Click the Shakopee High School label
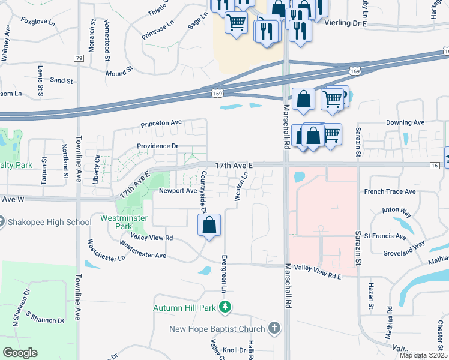[x=50, y=222]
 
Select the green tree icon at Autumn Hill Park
[x=225, y=308]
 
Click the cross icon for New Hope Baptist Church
[x=274, y=328]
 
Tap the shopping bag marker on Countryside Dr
[x=209, y=226]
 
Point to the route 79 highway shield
[x=79, y=58]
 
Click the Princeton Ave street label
[x=161, y=123]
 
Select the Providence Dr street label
[x=157, y=146]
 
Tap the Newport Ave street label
[x=178, y=191]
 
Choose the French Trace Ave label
[x=390, y=191]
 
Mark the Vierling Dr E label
[x=345, y=22]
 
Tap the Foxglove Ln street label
[x=37, y=20]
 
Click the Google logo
[x=20, y=352]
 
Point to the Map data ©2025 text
[x=423, y=356]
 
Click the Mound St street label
[x=119, y=73]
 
